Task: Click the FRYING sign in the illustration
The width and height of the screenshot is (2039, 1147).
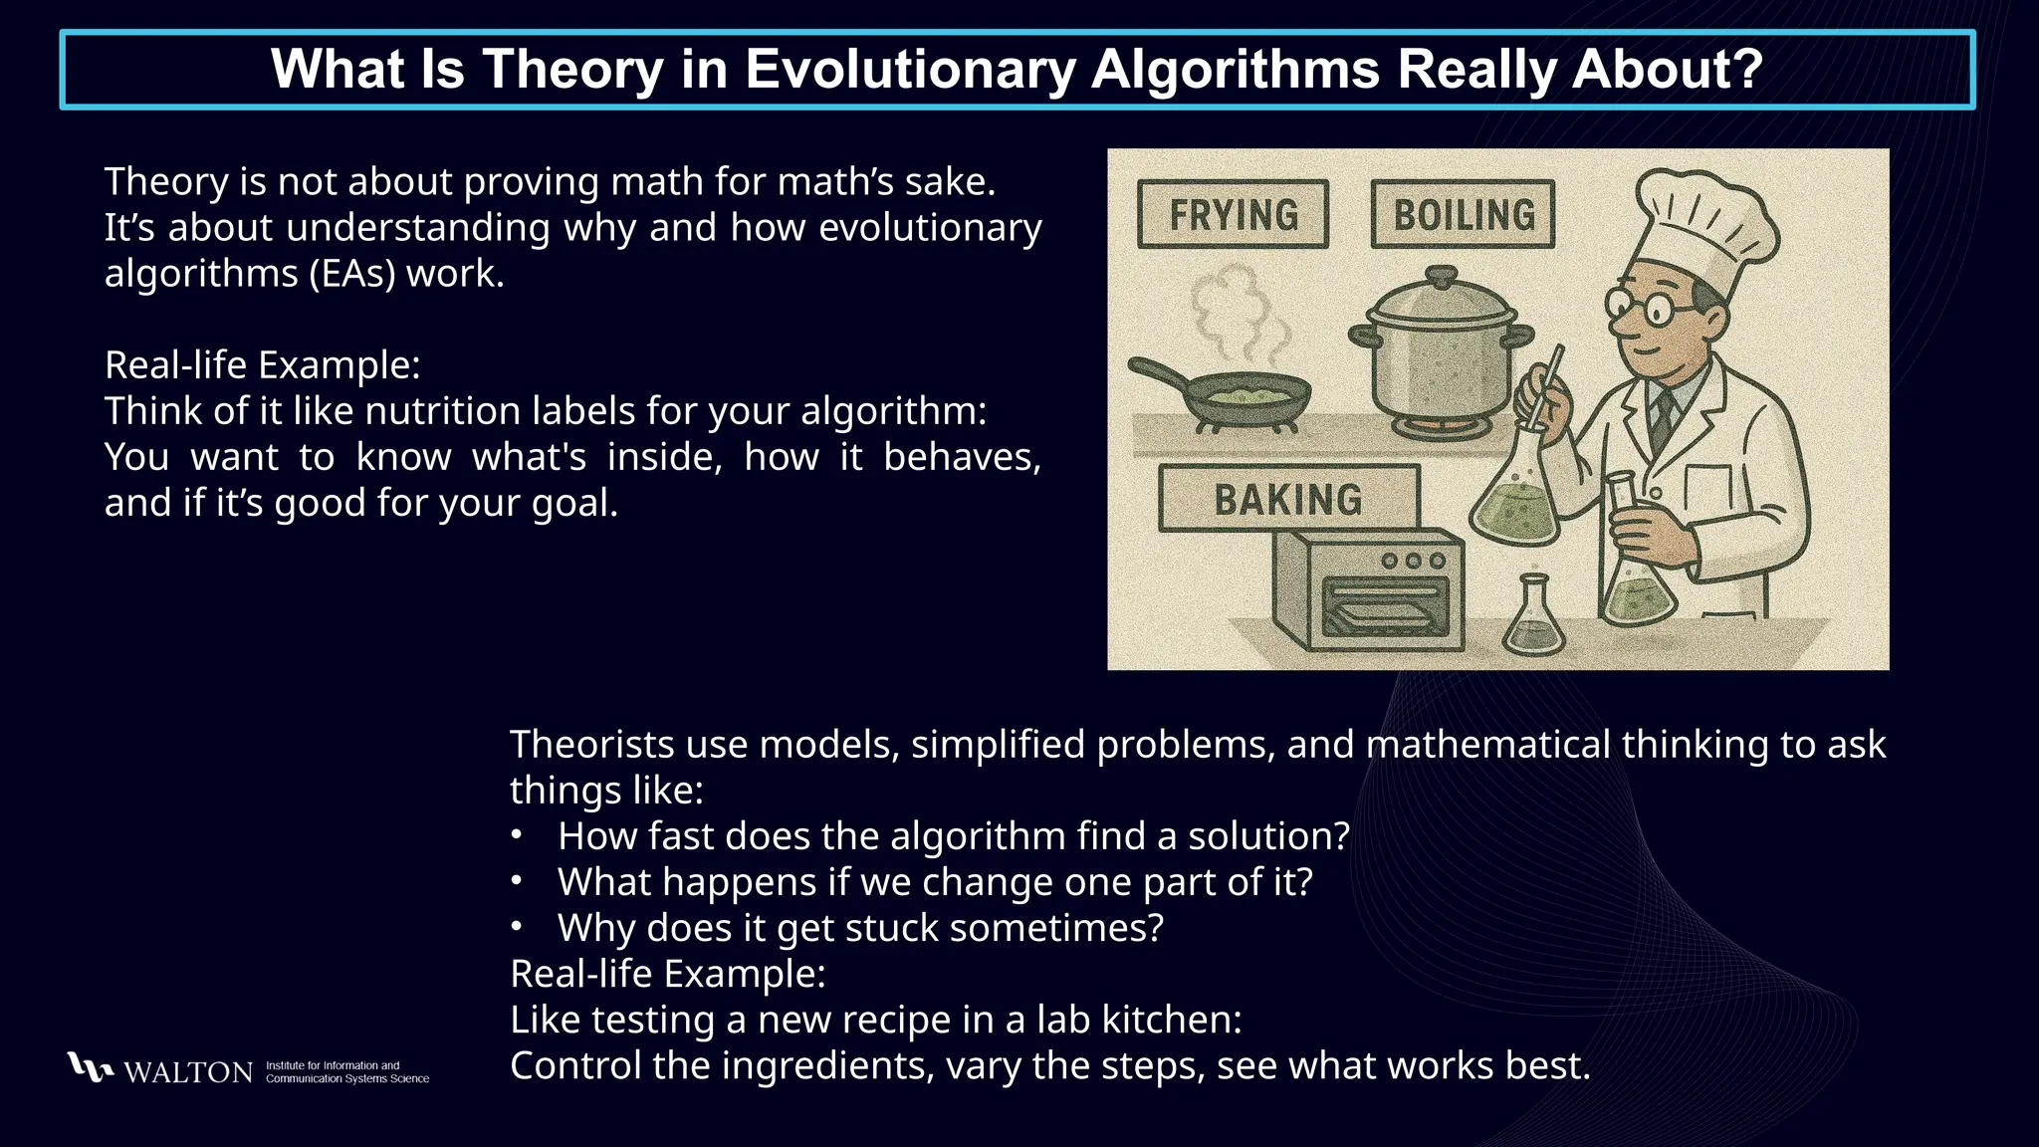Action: point(1233,214)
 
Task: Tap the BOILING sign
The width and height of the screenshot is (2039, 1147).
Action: point(1463,214)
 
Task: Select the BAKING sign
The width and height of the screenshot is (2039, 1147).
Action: point(1288,499)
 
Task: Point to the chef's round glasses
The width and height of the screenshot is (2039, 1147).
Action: point(1643,306)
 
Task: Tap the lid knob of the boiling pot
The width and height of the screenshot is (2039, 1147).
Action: point(1441,275)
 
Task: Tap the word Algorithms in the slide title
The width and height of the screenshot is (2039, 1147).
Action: point(1235,70)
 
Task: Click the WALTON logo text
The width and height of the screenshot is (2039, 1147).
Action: point(188,1072)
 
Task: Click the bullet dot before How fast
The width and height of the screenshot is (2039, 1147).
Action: point(516,835)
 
